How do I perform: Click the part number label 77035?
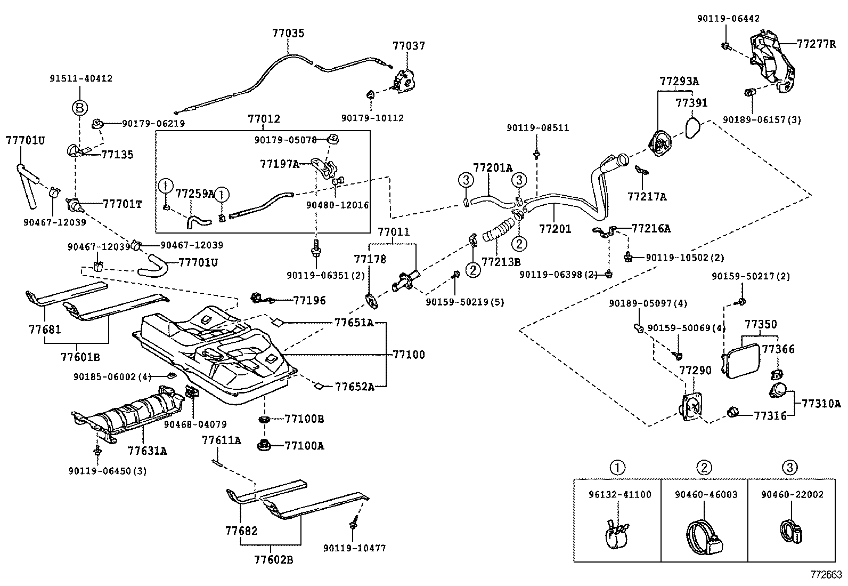288,33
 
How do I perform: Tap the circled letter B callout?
79,108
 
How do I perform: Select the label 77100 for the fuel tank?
409,355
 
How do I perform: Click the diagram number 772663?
826,575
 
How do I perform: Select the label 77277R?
816,44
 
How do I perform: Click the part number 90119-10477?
354,548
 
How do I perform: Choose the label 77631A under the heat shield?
147,451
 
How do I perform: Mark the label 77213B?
501,262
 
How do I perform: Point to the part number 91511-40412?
81,78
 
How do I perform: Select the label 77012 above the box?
264,119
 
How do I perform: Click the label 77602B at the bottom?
273,559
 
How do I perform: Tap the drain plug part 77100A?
263,444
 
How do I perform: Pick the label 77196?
309,301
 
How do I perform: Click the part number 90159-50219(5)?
464,302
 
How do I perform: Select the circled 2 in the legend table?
704,468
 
